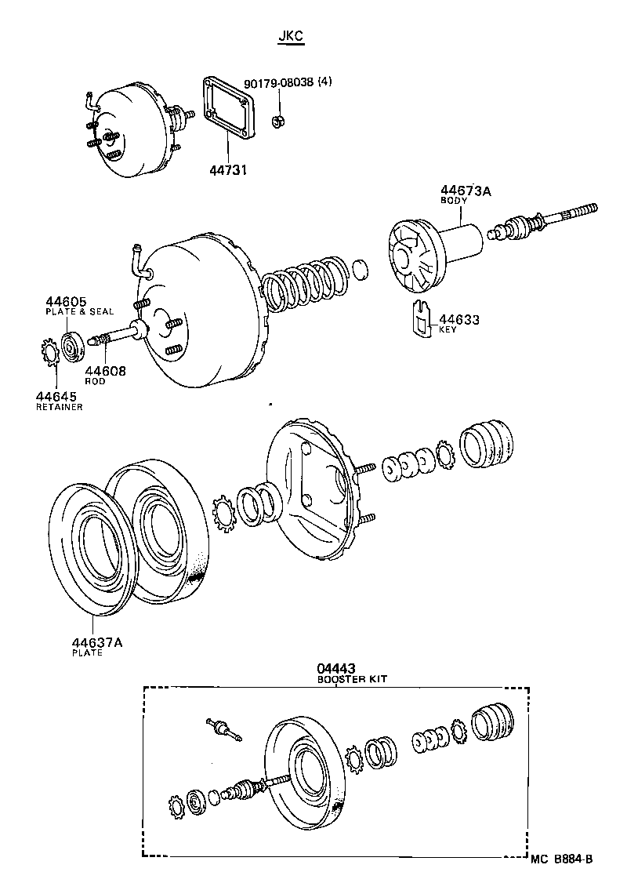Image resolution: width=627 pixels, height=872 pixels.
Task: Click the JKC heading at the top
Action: (290, 36)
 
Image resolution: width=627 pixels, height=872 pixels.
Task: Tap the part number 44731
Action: (228, 169)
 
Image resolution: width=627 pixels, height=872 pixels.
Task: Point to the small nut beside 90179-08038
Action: (277, 121)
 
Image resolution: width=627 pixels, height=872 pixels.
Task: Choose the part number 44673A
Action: (465, 191)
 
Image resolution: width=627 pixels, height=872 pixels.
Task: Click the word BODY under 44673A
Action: (452, 202)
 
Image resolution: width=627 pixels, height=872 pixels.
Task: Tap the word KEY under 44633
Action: (448, 330)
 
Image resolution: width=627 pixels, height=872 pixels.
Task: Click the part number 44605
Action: (67, 301)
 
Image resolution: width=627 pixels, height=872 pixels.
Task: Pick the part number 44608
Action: (105, 371)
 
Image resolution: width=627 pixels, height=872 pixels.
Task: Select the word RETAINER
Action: (59, 407)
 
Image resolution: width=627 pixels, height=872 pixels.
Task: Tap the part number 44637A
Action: (96, 642)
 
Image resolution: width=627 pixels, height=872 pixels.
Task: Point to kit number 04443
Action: (335, 669)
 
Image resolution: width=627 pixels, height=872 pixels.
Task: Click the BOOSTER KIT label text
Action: (352, 680)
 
